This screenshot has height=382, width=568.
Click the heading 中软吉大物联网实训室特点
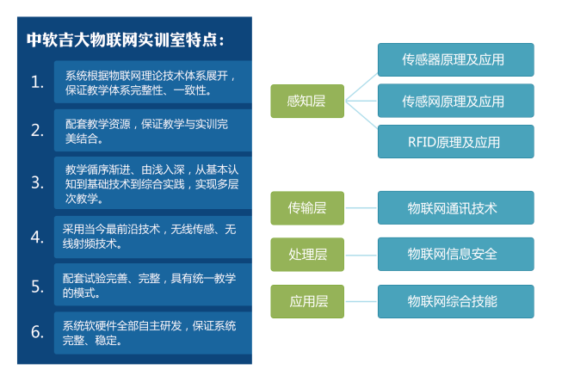pyautogui.click(x=127, y=40)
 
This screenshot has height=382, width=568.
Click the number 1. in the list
pyautogui.click(x=37, y=82)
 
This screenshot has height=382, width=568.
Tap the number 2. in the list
pyautogui.click(x=37, y=130)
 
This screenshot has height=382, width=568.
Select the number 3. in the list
pyautogui.click(x=37, y=182)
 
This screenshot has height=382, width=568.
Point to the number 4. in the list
pyautogui.click(x=37, y=236)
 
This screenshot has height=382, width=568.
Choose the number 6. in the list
pyautogui.click(x=37, y=332)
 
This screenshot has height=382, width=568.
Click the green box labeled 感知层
pyautogui.click(x=307, y=101)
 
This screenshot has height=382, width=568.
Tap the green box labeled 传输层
pyautogui.click(x=307, y=207)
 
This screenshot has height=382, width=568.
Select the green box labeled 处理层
pyautogui.click(x=307, y=254)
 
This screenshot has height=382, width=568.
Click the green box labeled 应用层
pyautogui.click(x=307, y=301)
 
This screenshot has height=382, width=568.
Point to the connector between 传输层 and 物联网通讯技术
pyautogui.click(x=361, y=207)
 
